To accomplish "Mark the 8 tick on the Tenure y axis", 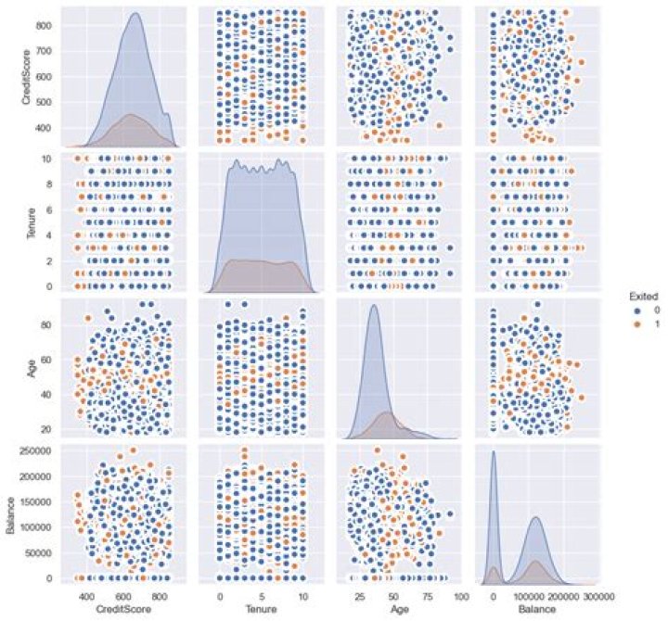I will pos(53,184).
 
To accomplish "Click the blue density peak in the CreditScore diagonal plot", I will pos(136,14).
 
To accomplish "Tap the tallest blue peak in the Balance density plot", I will pos(493,452).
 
